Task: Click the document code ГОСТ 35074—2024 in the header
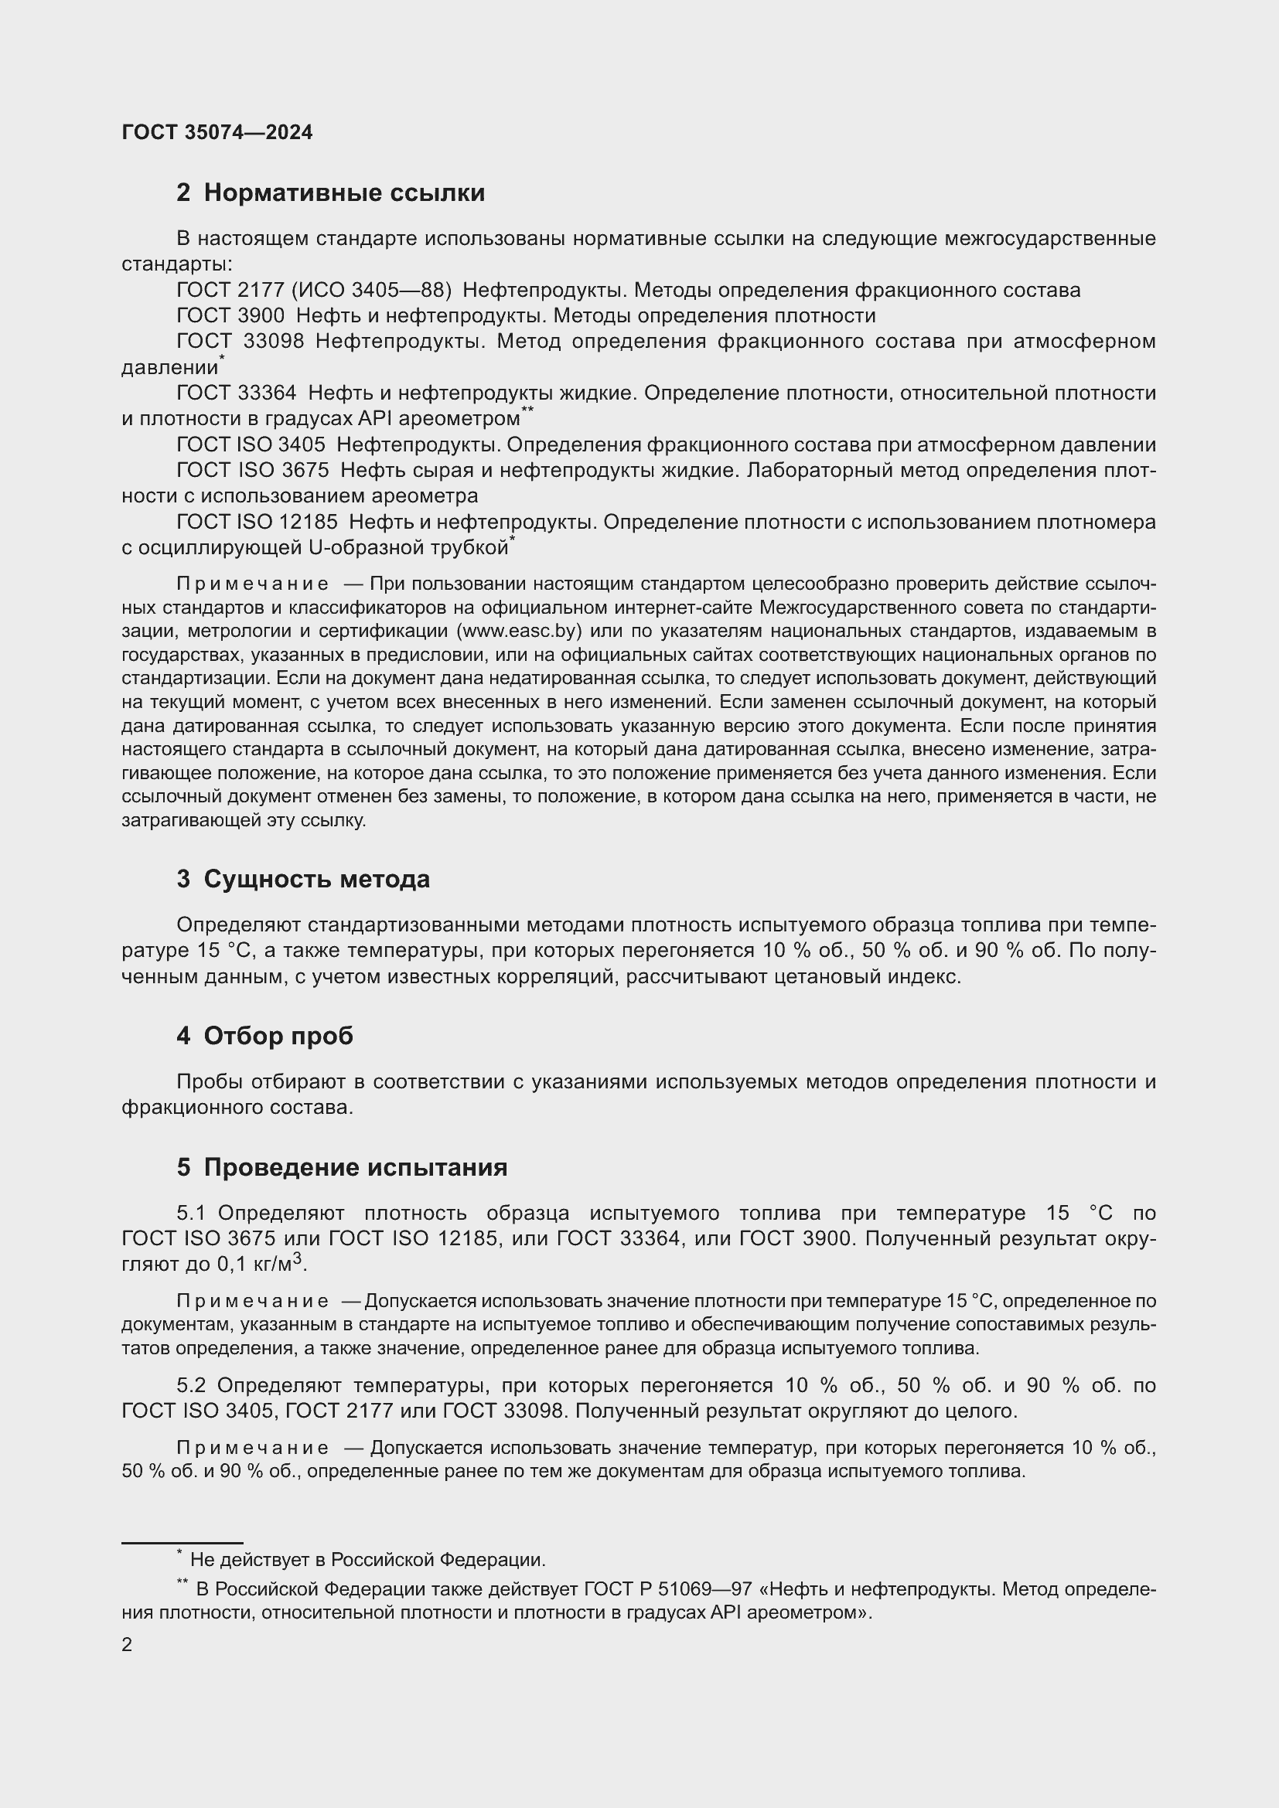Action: (x=217, y=132)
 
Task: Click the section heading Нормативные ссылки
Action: (x=343, y=193)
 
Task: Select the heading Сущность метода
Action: (x=316, y=879)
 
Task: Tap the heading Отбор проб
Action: (x=278, y=1036)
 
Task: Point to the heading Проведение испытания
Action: (x=355, y=1167)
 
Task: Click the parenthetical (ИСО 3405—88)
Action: (x=372, y=291)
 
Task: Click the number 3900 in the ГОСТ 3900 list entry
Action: (x=261, y=317)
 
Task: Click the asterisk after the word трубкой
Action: (x=512, y=540)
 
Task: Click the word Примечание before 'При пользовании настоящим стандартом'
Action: (x=253, y=584)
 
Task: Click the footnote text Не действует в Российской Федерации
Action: (x=368, y=1560)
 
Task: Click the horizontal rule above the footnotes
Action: (x=182, y=1543)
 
